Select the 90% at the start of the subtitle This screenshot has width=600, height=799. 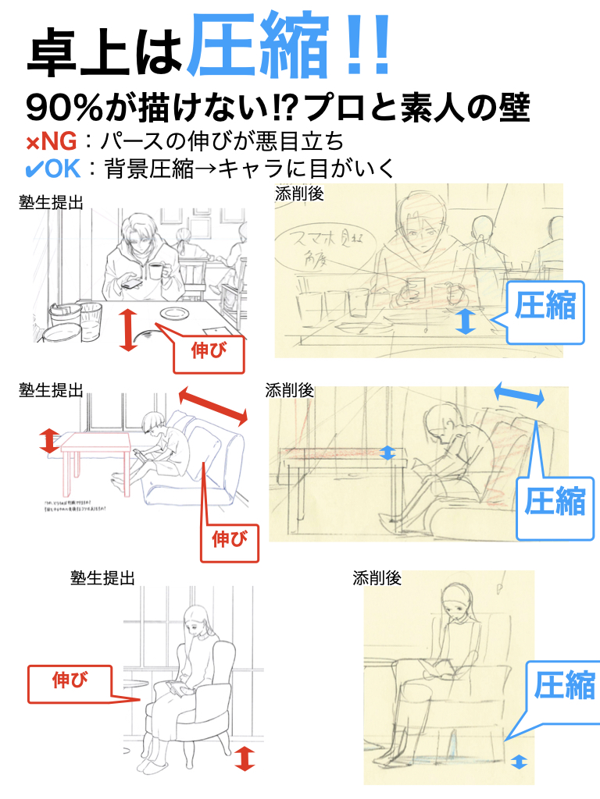coord(62,108)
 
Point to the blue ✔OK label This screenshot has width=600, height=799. coord(52,169)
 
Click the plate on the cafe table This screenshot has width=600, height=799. coord(173,314)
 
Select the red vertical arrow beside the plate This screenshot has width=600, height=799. coord(128,328)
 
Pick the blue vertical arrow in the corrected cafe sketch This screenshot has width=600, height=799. coord(466,321)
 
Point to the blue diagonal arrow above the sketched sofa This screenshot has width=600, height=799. coord(519,393)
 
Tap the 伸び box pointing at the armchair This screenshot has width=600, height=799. coord(70,680)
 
